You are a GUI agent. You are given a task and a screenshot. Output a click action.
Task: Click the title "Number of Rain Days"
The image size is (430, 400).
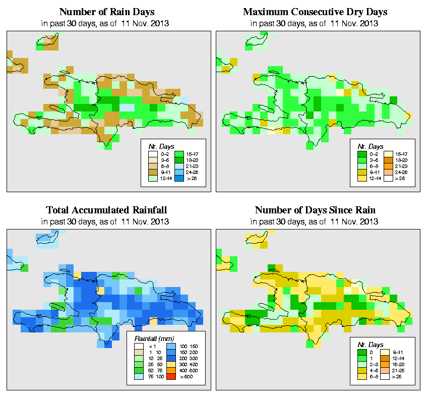coord(107,12)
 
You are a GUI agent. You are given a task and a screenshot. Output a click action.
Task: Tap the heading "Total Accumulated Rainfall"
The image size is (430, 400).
coord(107,210)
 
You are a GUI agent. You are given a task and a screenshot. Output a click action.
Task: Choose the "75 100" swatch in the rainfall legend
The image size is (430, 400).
coord(139,376)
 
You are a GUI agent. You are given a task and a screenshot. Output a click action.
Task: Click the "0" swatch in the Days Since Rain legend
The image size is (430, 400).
coord(360,351)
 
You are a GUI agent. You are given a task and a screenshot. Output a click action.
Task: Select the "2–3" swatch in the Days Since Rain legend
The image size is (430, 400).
coord(360,364)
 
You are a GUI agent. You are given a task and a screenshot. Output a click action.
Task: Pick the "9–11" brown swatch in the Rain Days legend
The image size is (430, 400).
coord(151,172)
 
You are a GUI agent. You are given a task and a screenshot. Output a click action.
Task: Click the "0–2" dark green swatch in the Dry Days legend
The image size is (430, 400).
coord(360,154)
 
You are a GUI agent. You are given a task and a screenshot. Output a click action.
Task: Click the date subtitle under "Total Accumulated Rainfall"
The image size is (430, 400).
coord(107,221)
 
